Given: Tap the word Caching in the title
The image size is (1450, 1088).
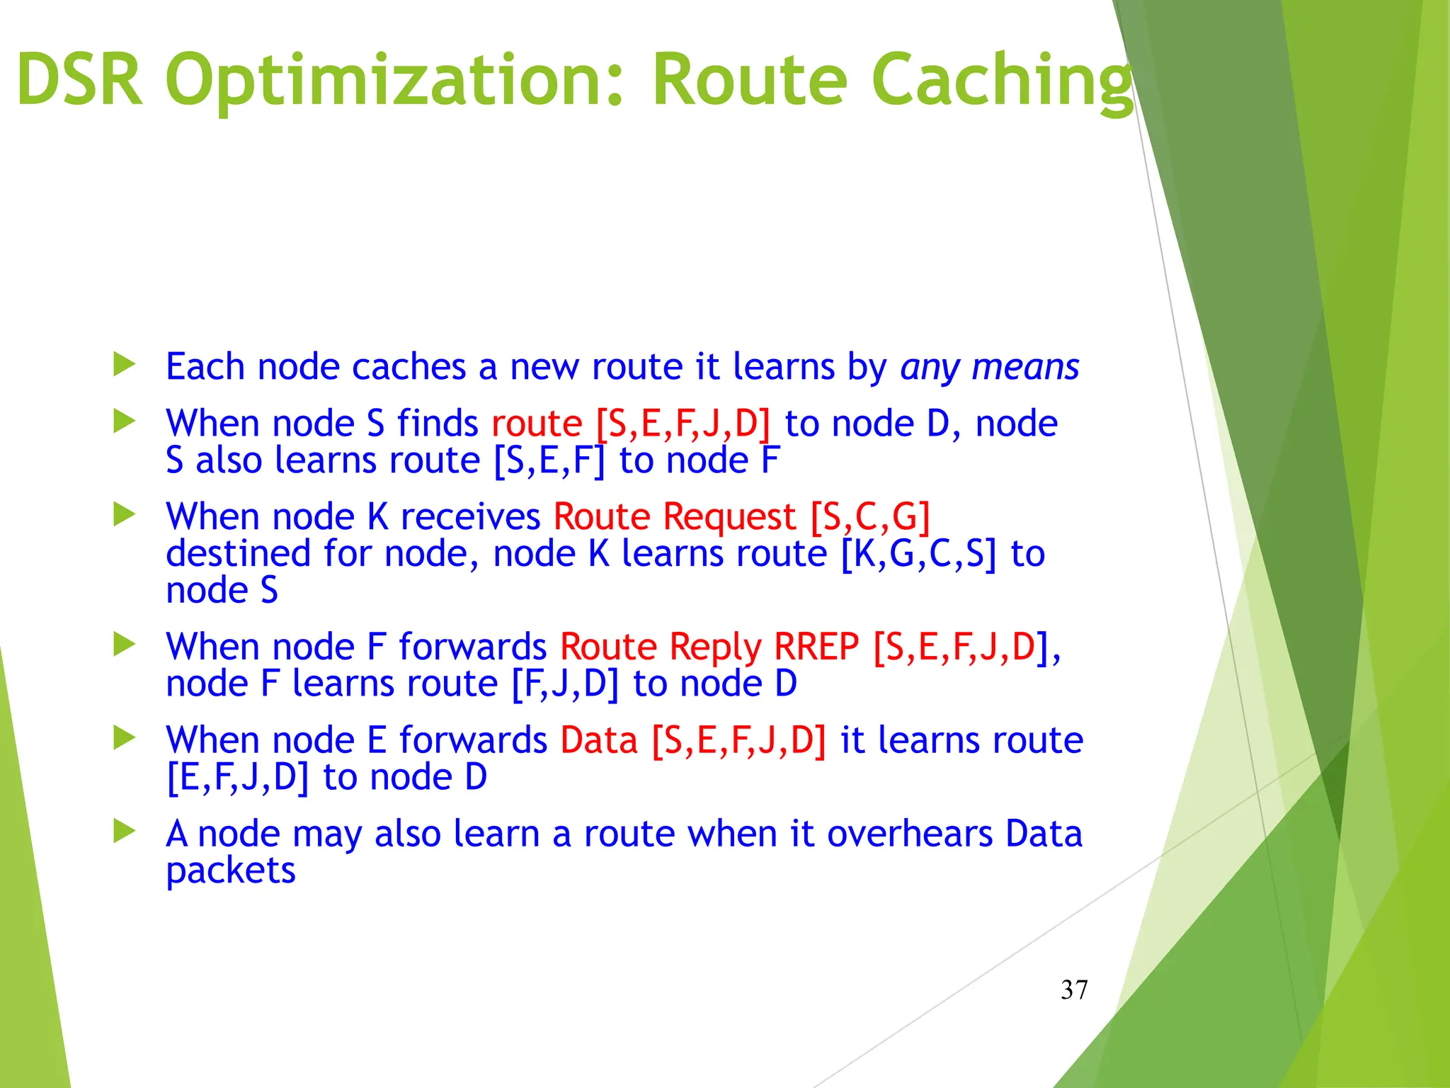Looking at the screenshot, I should click(x=1002, y=81).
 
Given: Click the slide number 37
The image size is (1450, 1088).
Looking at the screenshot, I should click(x=1073, y=990).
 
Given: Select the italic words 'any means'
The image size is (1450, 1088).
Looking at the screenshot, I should click(x=989, y=368).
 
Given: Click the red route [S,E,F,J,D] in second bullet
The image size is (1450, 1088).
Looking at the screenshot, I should click(x=683, y=424).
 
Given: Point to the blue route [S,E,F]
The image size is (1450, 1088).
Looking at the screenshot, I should click(x=549, y=461).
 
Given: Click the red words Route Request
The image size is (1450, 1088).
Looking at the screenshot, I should click(x=674, y=516).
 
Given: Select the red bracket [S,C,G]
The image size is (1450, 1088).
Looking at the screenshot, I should click(x=869, y=516).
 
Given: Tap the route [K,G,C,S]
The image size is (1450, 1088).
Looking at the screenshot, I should click(x=918, y=554).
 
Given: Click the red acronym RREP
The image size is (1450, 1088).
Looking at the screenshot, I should click(x=816, y=647).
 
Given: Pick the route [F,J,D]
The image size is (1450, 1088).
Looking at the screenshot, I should click(x=564, y=684).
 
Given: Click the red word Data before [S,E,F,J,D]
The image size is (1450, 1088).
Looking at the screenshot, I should click(x=599, y=740).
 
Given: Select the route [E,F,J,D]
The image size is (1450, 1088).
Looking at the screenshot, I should click(x=237, y=778).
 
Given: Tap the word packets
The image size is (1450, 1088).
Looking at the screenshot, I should click(x=230, y=871).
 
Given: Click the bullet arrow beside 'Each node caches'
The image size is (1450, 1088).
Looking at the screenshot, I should click(x=125, y=365).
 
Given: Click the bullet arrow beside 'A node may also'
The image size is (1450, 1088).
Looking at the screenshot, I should click(x=125, y=831).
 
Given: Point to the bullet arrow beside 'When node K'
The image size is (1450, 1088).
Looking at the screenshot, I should click(x=125, y=514).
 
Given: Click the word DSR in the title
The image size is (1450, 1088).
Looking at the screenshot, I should click(x=79, y=81).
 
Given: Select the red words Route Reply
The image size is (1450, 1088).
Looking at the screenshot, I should click(x=660, y=647).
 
